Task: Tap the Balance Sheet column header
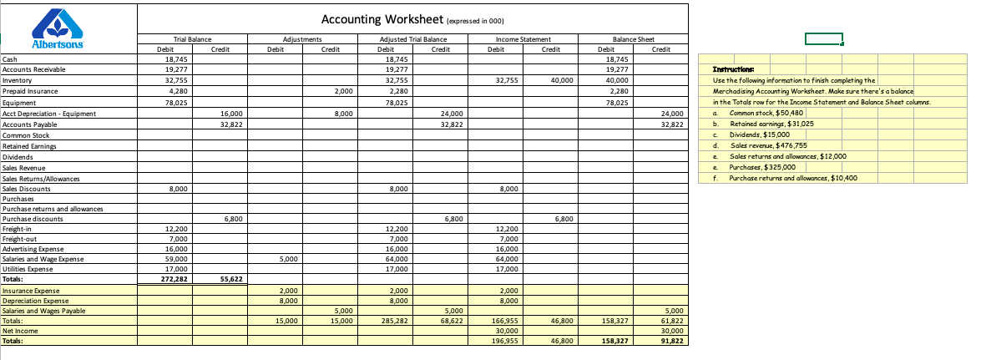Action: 633,39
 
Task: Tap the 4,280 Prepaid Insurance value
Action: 176,91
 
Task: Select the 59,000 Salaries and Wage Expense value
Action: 176,259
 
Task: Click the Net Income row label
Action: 19,331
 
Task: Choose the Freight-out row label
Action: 21,239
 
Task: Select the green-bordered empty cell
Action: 823,38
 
